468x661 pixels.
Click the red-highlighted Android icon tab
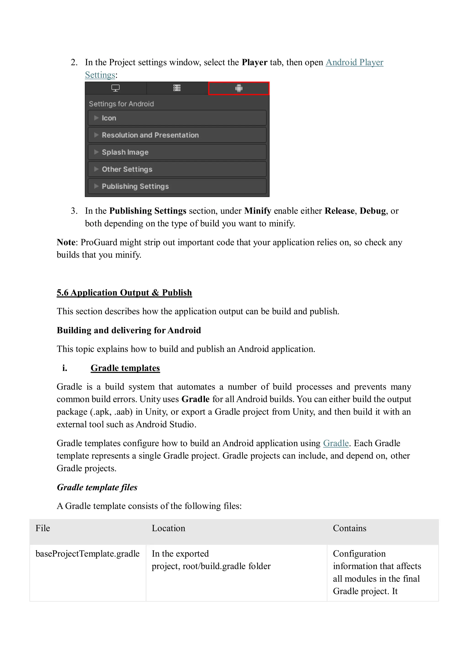point(239,88)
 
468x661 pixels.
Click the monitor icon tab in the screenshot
point(115,88)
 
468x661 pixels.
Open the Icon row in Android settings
point(177,118)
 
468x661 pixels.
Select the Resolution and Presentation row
point(177,135)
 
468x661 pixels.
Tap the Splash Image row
point(177,152)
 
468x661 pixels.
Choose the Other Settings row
point(177,169)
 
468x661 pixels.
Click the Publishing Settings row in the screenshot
point(177,186)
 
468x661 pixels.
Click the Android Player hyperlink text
point(354,63)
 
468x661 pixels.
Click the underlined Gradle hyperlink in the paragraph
point(336,443)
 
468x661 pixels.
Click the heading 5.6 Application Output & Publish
point(124,293)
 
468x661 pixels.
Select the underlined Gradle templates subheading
point(125,368)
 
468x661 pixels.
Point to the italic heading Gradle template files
point(97,487)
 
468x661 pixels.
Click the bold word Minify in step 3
point(258,211)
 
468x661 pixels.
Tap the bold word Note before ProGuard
point(66,242)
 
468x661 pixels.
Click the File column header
point(43,528)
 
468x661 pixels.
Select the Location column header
point(168,528)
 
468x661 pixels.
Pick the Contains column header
point(349,528)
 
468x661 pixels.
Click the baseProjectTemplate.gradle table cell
point(87,554)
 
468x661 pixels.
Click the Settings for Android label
point(121,104)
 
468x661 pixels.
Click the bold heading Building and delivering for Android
point(129,330)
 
